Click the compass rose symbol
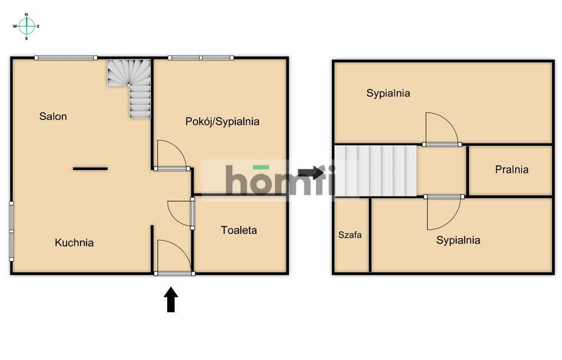click(x=26, y=26)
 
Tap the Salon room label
click(x=53, y=116)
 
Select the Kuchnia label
click(x=74, y=242)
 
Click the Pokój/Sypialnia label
click(x=222, y=122)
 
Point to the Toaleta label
click(x=239, y=230)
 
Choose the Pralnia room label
click(x=511, y=169)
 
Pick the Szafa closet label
click(x=350, y=235)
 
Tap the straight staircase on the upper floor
click(x=375, y=171)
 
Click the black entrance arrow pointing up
click(x=171, y=299)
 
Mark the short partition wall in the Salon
click(x=90, y=169)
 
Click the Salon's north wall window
click(x=65, y=58)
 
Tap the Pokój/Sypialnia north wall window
click(x=200, y=58)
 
